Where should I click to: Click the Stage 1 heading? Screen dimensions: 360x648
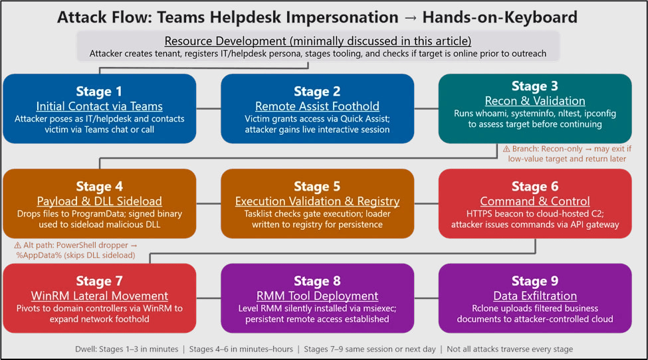pos(100,91)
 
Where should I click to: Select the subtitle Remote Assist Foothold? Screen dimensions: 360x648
pos(317,106)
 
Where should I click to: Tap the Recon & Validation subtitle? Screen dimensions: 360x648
pos(535,101)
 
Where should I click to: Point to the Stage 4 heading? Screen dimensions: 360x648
pos(100,187)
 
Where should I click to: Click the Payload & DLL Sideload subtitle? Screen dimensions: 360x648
pos(100,201)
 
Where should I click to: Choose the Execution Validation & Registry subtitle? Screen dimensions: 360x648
pos(317,201)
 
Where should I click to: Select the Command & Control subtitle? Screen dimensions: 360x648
pos(535,201)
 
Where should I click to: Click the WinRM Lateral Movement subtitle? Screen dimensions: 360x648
pos(100,296)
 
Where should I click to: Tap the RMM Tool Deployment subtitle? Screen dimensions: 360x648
pos(317,296)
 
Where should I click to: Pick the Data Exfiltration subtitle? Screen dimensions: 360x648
pos(535,296)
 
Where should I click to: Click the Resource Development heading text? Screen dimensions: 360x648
pos(318,41)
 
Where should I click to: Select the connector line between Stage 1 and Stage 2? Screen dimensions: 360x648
pos(209,108)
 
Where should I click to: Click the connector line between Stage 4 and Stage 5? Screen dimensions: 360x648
pos(209,203)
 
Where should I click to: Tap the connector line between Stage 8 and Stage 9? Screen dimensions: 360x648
pos(426,298)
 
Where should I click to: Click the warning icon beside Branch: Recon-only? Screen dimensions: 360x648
pos(506,149)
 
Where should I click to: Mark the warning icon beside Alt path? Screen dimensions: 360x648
pos(18,244)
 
